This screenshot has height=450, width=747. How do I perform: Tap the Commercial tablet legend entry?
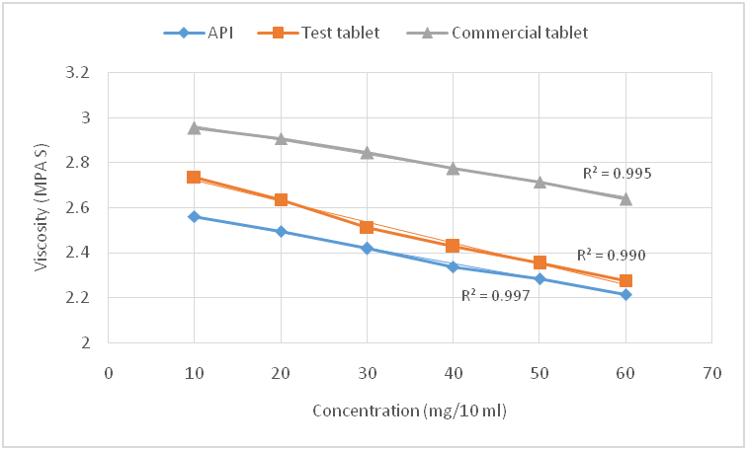click(x=500, y=33)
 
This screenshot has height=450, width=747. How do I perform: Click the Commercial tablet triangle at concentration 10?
click(x=194, y=127)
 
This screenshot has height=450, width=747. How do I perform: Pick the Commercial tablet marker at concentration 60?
click(x=625, y=198)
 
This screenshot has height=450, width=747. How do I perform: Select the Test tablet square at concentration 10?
click(x=194, y=177)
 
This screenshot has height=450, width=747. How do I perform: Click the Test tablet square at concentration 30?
click(x=367, y=227)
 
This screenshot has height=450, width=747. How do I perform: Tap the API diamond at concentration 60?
click(x=625, y=294)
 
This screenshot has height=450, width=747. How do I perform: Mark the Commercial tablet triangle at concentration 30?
click(x=367, y=152)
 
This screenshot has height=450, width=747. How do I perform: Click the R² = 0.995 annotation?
click(x=617, y=174)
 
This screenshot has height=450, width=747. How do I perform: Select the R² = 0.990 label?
click(x=613, y=255)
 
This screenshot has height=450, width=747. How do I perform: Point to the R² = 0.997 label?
click(x=496, y=294)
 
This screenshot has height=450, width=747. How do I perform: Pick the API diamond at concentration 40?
click(x=453, y=266)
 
